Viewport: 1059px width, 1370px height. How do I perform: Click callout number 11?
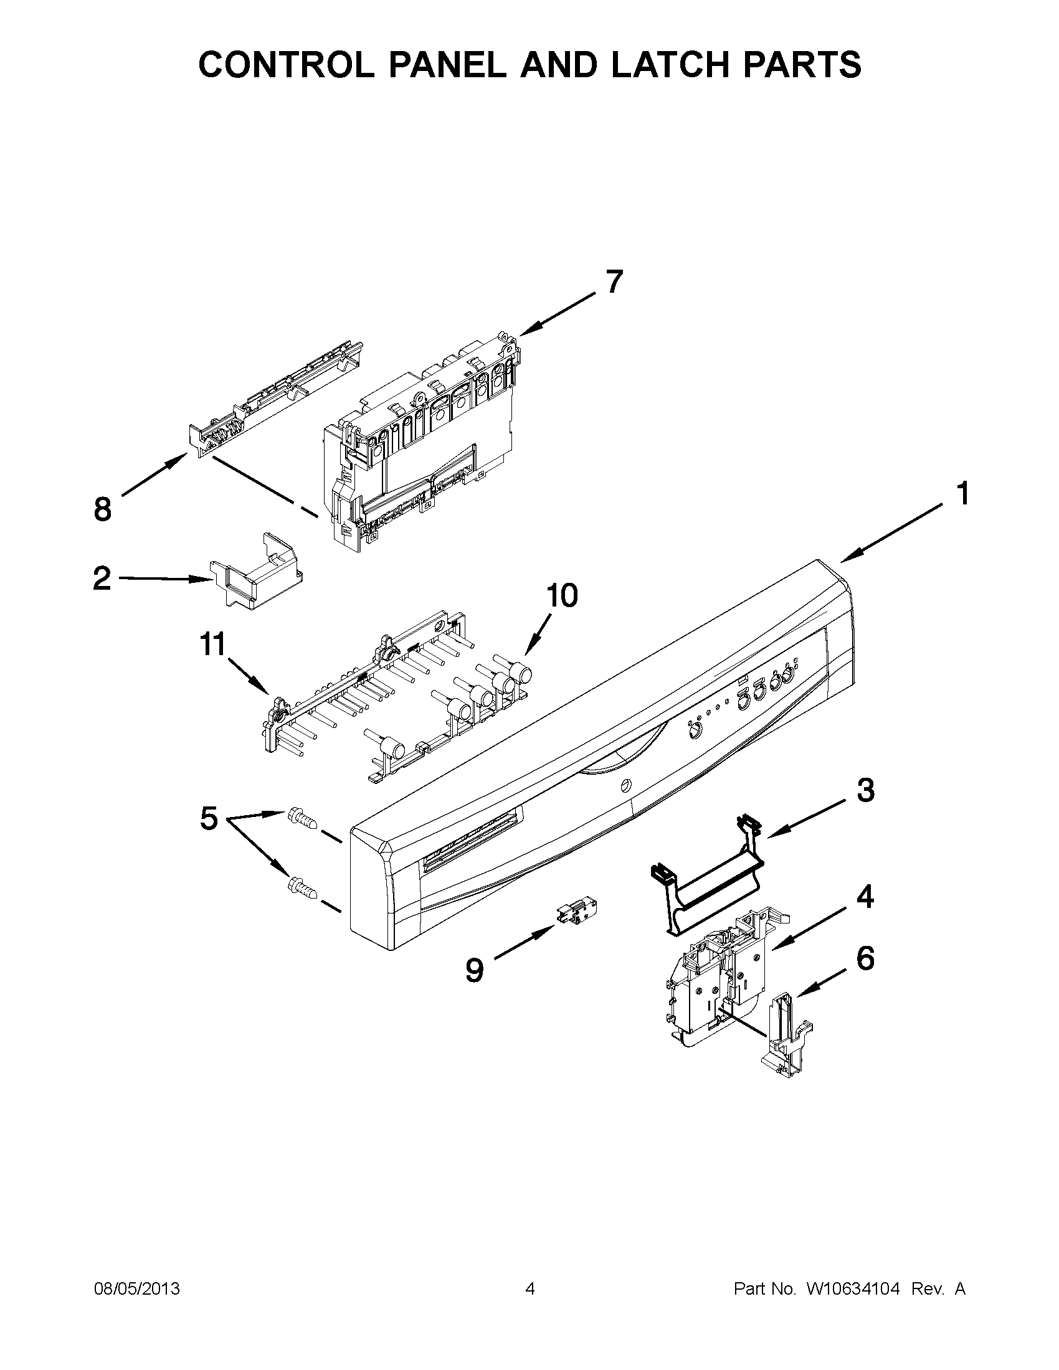pyautogui.click(x=212, y=645)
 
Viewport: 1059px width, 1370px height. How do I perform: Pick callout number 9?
pyautogui.click(x=475, y=970)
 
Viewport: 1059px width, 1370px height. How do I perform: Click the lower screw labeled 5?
pyautogui.click(x=302, y=887)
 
